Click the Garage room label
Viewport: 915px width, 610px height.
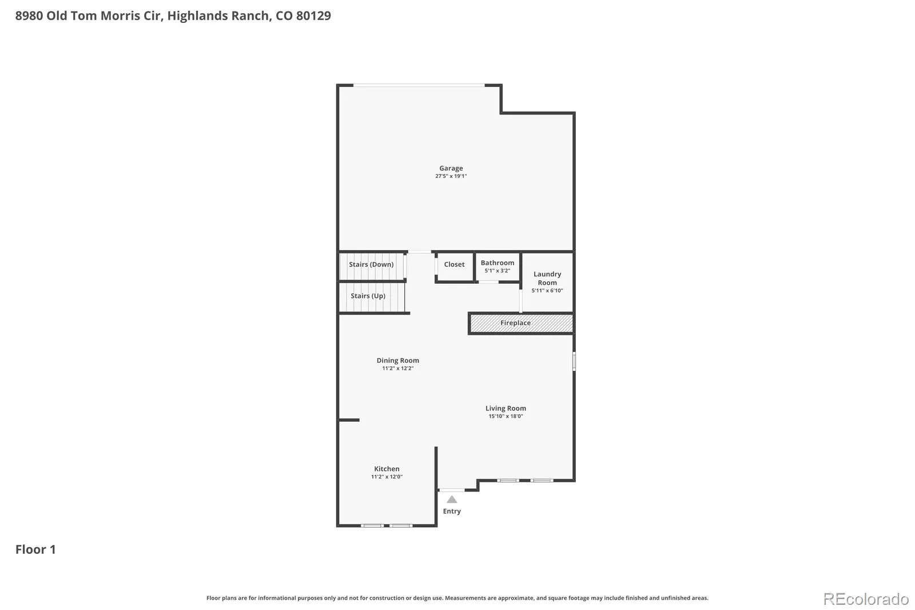451,168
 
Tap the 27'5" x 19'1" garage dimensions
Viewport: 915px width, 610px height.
451,176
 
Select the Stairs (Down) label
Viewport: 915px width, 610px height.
371,264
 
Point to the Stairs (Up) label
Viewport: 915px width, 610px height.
368,296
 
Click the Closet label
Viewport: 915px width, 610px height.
454,264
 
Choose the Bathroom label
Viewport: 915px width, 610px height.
498,263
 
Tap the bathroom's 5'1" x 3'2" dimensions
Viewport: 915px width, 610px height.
498,271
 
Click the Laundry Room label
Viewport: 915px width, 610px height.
547,279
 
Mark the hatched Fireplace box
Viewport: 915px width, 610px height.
521,323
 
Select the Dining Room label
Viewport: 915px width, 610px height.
398,361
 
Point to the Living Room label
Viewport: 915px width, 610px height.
506,409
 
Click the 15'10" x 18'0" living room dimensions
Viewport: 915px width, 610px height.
506,416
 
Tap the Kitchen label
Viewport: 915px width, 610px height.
387,469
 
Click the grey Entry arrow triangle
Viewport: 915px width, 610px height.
452,500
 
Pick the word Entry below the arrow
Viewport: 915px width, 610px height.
452,512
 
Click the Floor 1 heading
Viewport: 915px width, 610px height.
35,549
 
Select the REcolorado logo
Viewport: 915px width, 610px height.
866,599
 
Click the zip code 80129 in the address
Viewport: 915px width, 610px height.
313,15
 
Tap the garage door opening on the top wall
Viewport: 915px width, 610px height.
419,85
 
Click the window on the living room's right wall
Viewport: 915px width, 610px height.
574,362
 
